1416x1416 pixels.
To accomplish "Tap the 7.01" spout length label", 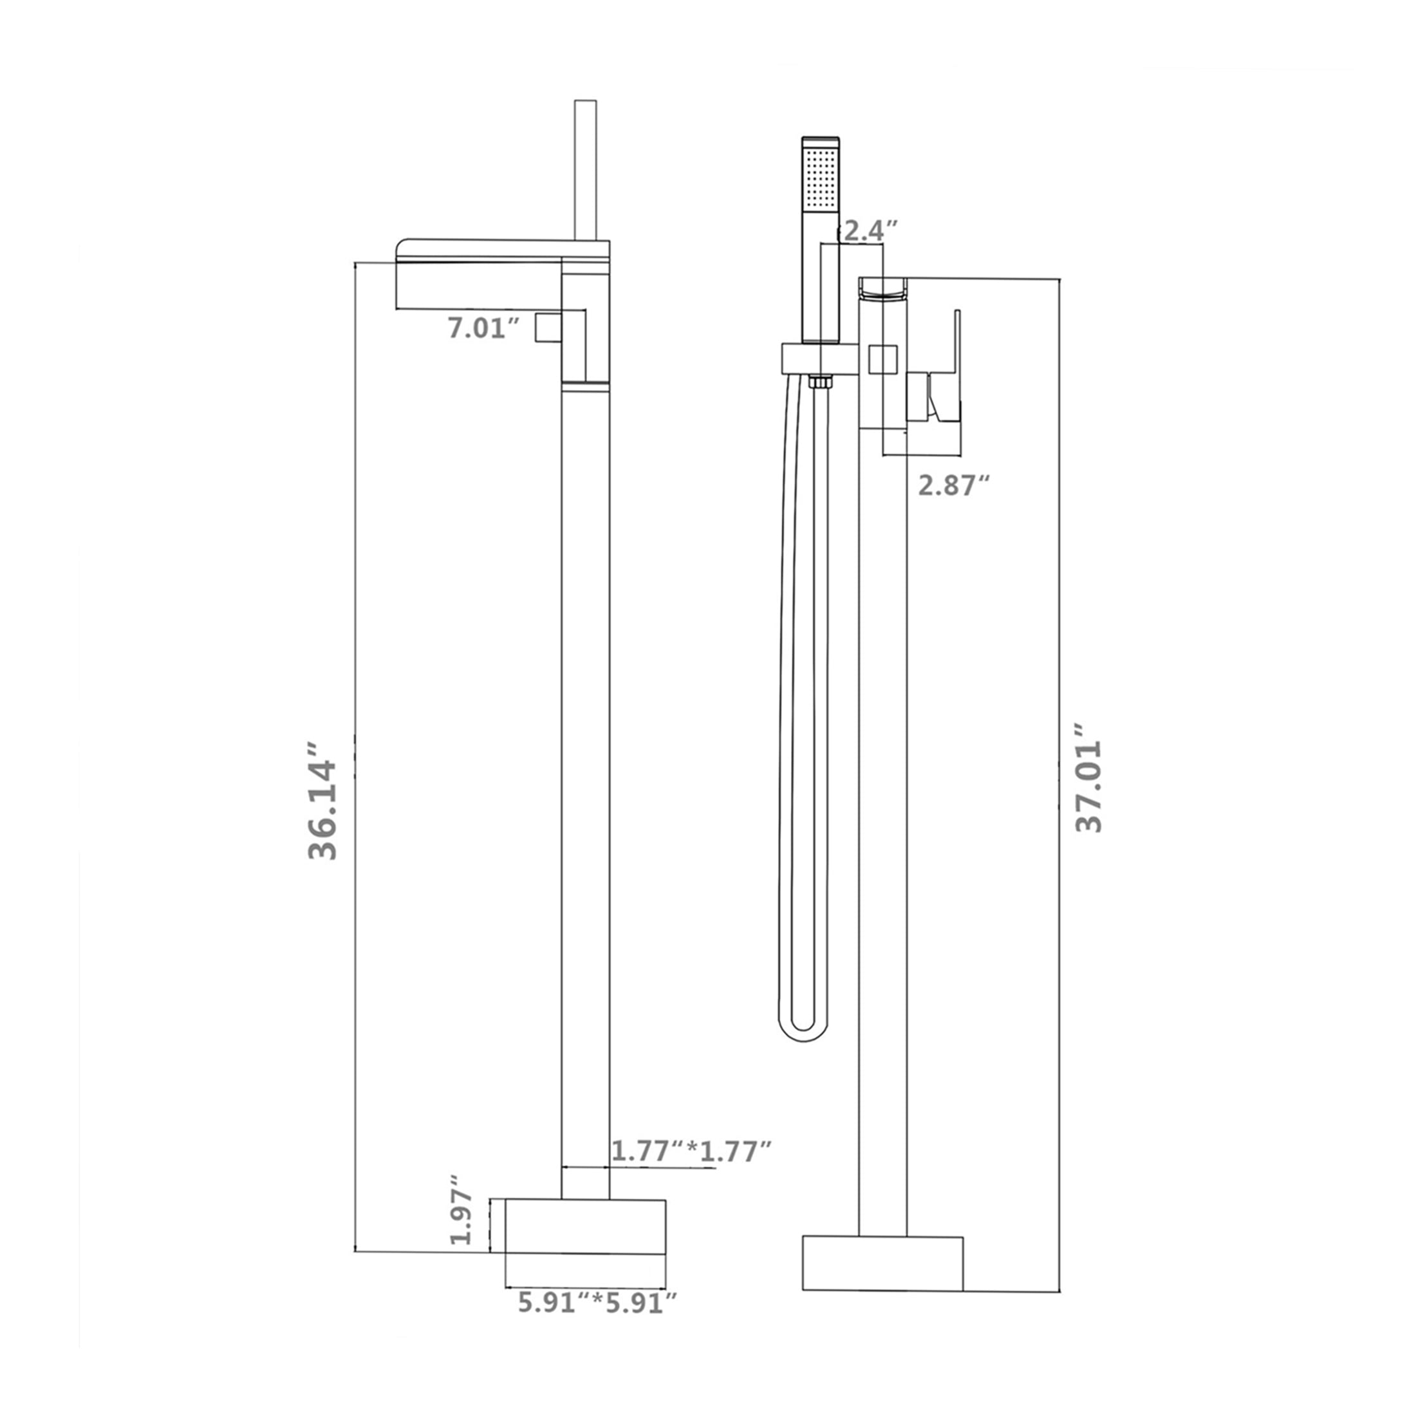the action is coord(484,328).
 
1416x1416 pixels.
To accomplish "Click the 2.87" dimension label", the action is coord(955,485).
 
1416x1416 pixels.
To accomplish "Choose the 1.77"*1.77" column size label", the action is coord(692,1151).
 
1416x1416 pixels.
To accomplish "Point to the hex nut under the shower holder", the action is coord(819,382).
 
